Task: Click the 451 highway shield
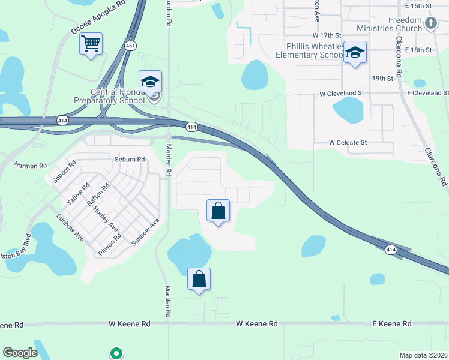click(x=131, y=46)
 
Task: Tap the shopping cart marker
click(x=91, y=43)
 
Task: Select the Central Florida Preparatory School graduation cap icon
click(x=150, y=81)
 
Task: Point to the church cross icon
click(x=430, y=23)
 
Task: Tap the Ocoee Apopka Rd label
click(x=100, y=17)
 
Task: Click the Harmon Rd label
click(x=30, y=165)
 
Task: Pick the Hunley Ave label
click(x=109, y=217)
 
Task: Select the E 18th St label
click(x=419, y=50)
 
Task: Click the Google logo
click(x=20, y=353)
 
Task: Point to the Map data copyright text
click(x=423, y=355)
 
